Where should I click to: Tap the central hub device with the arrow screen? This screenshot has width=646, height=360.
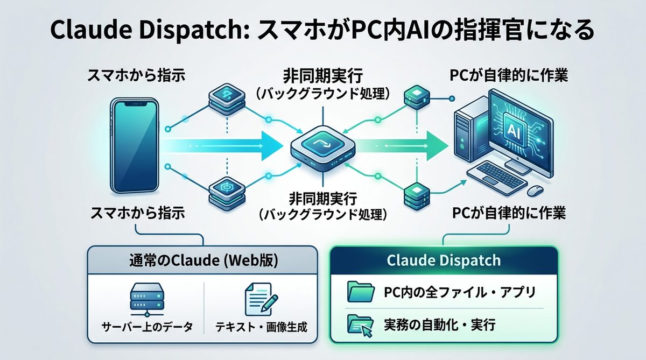pos(322,147)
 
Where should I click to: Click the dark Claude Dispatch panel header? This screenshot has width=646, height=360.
pos(443,261)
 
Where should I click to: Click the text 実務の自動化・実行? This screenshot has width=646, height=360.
pos(440,324)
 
